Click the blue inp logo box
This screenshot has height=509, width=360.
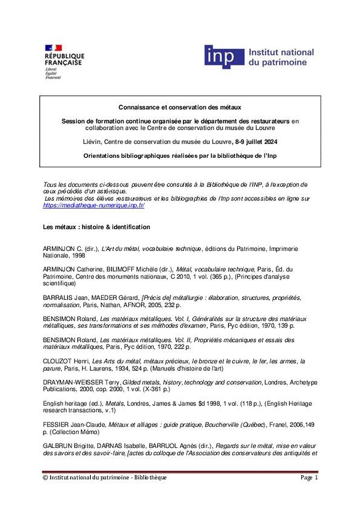224,56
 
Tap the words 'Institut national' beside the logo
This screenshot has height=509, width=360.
281,53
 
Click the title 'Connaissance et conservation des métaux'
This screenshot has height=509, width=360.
180,108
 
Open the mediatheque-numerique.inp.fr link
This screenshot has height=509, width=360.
94,205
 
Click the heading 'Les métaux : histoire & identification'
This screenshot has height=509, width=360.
96,227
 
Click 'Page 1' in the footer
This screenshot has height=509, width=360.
309,478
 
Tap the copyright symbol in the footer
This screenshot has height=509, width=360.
45,478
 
